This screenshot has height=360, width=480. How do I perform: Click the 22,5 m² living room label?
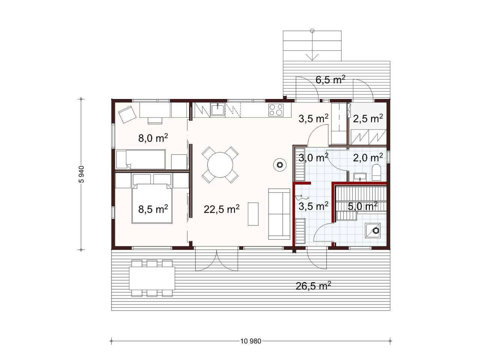click(222, 209)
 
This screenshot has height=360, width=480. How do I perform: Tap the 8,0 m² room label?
click(153, 138)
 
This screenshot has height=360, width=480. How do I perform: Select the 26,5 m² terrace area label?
click(313, 286)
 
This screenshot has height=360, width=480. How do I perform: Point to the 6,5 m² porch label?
click(330, 80)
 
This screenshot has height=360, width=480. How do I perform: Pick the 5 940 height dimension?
click(81, 174)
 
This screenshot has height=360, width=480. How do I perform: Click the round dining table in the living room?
click(220, 165)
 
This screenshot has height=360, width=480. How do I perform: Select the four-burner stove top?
click(276, 110)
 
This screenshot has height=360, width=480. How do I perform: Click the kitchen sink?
click(218, 109)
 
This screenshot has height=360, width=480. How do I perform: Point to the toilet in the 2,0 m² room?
click(376, 172)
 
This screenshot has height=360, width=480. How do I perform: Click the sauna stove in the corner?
click(372, 231)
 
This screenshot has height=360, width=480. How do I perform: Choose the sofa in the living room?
click(279, 214)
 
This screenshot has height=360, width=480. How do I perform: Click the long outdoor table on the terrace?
click(152, 278)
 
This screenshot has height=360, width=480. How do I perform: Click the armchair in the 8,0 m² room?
click(127, 114)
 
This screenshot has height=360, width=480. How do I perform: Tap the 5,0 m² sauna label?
click(363, 206)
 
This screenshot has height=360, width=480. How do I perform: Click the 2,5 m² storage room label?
click(368, 118)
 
